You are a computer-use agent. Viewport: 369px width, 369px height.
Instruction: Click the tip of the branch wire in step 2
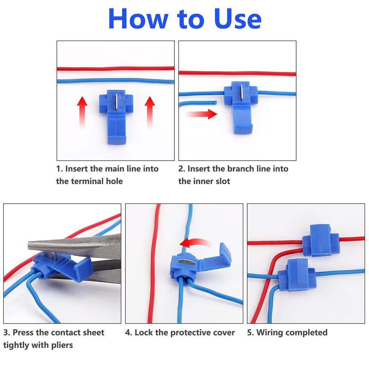215,102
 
